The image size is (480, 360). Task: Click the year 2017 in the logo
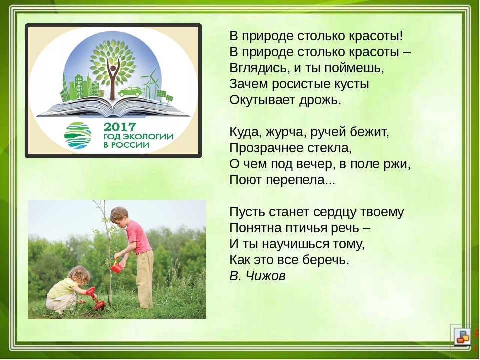(x=120, y=126)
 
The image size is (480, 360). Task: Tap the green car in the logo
(x=130, y=91)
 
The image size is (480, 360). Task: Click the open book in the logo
(x=113, y=107)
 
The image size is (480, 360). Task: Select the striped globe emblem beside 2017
(x=78, y=135)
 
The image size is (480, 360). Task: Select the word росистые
(x=297, y=84)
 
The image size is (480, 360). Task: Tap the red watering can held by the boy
(x=116, y=267)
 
